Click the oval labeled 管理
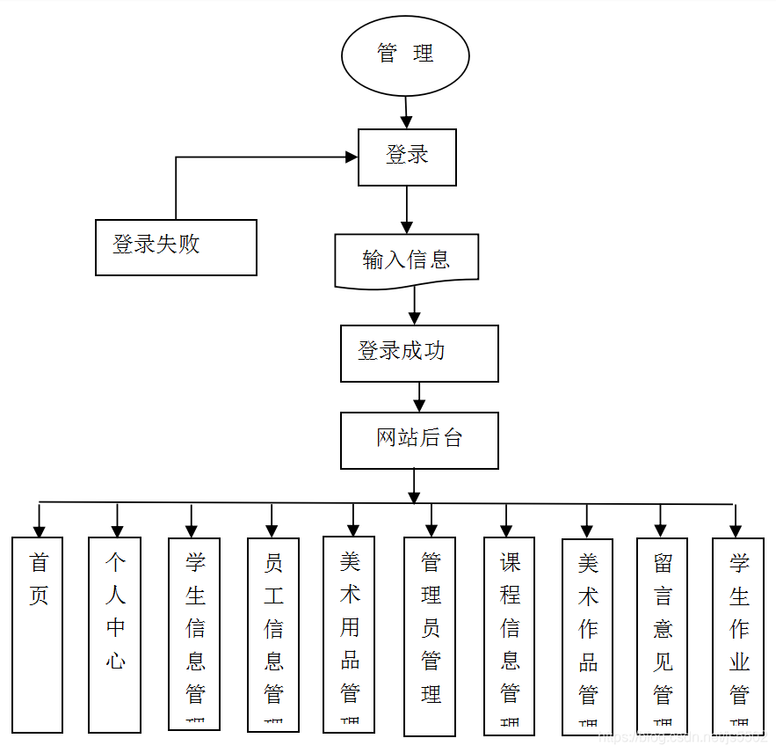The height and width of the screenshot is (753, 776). (405, 55)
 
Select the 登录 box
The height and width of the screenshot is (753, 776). (407, 157)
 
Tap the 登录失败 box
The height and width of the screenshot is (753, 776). (176, 247)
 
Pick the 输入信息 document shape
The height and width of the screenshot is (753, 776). (407, 260)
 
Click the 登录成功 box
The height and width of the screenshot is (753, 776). (419, 353)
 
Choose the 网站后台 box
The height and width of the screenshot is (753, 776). (419, 440)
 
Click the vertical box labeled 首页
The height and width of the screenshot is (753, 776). (38, 634)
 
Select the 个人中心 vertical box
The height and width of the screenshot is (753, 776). (115, 634)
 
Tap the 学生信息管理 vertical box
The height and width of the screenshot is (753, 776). (194, 633)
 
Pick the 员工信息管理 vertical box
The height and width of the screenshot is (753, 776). (273, 634)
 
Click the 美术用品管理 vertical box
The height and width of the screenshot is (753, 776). (349, 633)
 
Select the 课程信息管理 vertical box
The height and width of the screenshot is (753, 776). (510, 634)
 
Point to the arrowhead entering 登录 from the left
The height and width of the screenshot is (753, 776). (352, 157)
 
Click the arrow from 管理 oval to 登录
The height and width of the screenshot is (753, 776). (406, 113)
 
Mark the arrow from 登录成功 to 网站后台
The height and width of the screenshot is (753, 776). (419, 397)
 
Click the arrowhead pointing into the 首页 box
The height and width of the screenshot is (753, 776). (39, 530)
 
